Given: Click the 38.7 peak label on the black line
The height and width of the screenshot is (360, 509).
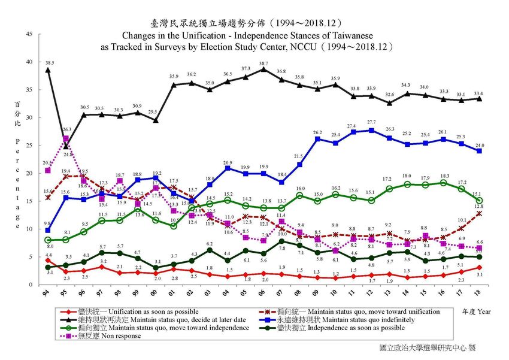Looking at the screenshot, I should (x=264, y=63).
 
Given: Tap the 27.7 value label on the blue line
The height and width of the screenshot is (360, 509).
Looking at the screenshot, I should (x=371, y=122).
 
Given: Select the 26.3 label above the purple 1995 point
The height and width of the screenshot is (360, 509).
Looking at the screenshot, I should (x=66, y=129).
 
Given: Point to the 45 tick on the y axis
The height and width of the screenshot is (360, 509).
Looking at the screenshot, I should (x=31, y=34).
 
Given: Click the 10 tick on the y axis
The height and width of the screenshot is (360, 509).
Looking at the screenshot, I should (x=31, y=228).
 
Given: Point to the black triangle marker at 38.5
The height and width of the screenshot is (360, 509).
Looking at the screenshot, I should (x=48, y=70).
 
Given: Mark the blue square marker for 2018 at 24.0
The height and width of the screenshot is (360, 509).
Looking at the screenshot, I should (x=479, y=151).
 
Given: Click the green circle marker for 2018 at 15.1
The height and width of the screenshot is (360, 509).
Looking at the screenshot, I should (x=479, y=201).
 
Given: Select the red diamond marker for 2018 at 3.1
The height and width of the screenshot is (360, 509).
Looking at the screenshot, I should (x=479, y=267).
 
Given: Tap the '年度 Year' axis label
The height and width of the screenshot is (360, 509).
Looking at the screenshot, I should (x=475, y=311).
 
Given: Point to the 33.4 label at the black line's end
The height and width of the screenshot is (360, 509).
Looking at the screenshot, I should (x=479, y=93).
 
